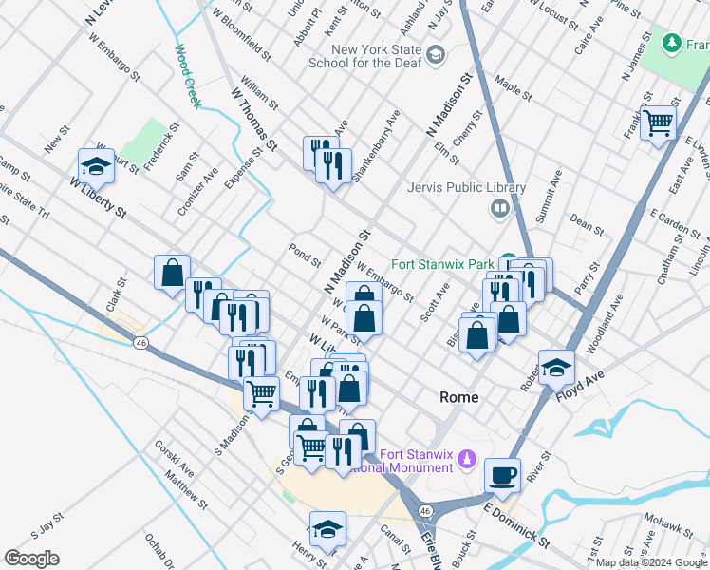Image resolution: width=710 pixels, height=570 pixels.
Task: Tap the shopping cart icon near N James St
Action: tap(657, 123)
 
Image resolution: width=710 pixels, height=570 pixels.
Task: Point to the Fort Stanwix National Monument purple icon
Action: tap(465, 460)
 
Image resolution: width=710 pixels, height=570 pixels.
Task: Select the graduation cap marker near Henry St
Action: tap(327, 528)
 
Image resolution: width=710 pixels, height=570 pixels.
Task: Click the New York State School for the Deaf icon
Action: tap(436, 55)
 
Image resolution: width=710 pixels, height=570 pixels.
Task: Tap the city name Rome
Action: tap(459, 397)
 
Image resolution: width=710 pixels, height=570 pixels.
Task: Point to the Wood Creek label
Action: tap(187, 75)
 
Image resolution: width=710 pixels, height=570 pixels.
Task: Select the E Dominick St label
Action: tap(515, 525)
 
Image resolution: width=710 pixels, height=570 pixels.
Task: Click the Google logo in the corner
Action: tap(31, 558)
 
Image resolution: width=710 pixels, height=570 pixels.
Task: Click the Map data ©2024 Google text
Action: tap(651, 562)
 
